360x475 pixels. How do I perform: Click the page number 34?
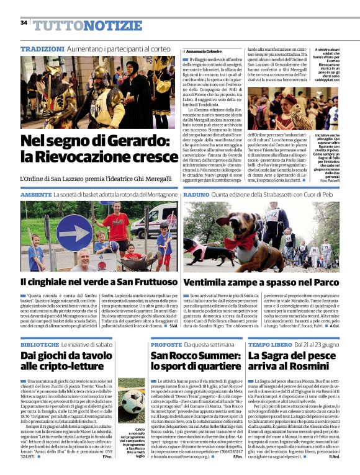click(24, 23)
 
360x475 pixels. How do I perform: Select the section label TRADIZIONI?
click(42, 48)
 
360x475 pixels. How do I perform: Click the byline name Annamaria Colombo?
click(203, 51)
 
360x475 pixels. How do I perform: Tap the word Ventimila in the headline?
click(213, 282)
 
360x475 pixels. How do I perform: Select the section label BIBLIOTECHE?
click(40, 343)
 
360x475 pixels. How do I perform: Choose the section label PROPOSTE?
click(166, 343)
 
